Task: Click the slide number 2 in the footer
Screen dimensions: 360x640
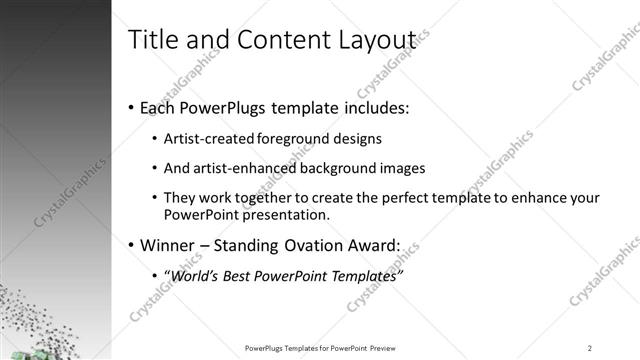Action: point(590,348)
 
